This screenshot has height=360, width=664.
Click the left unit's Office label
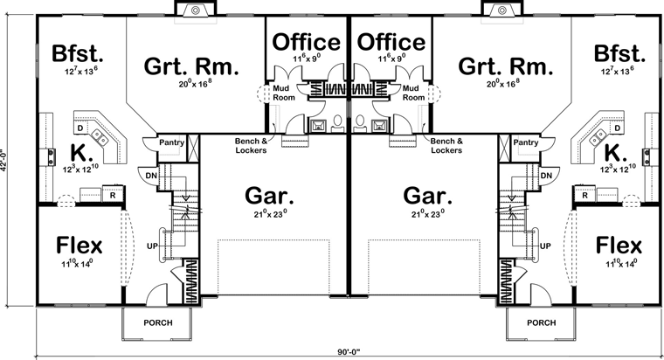306,42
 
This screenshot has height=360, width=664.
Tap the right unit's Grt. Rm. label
506,66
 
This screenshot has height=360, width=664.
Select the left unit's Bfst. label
78,54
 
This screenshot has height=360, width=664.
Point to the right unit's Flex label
619,246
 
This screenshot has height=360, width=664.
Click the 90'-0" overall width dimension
349,351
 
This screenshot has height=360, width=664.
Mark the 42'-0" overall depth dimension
3,160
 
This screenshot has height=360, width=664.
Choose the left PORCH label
158,322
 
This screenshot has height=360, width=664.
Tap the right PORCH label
541,322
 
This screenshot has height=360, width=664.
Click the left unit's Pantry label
171,142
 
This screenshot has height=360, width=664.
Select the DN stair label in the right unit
546,176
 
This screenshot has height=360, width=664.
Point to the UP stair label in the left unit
152,246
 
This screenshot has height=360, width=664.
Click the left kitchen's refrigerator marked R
113,195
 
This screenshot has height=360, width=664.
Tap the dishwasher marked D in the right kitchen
617,128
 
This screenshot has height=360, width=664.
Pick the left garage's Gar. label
269,196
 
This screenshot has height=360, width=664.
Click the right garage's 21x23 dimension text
428,214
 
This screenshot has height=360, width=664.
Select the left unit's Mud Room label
283,93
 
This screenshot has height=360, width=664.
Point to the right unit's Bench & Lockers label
446,145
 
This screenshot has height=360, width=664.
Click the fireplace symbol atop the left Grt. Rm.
195,10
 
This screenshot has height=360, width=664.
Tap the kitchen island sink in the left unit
100,136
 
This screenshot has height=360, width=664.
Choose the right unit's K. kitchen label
615,153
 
